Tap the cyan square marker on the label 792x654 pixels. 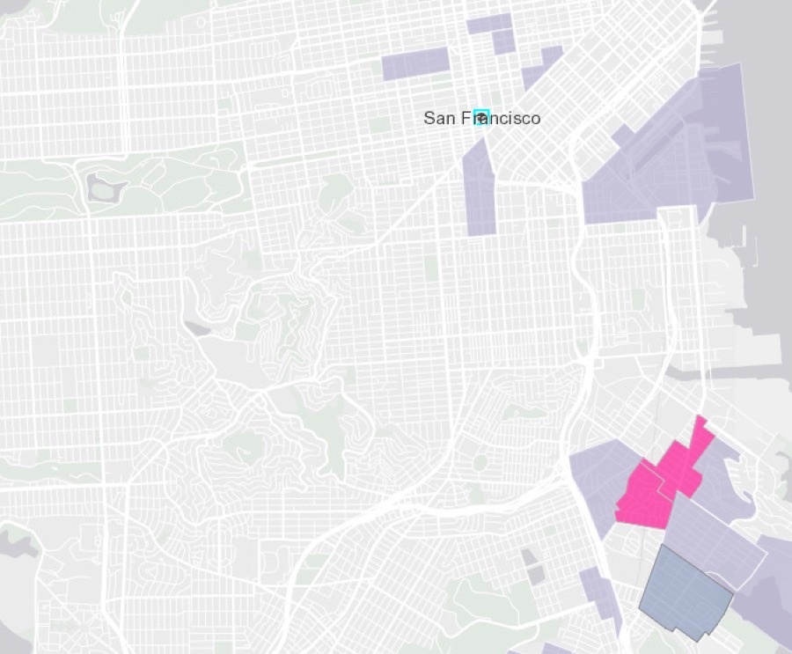pyautogui.click(x=480, y=117)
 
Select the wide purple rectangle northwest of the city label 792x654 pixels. pyautogui.click(x=415, y=64)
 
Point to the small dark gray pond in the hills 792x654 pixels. pyautogui.click(x=196, y=328)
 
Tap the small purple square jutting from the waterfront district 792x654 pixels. pyautogui.click(x=622, y=136)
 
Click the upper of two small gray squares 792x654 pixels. pyautogui.click(x=528, y=556)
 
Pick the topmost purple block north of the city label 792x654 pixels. pyautogui.click(x=488, y=24)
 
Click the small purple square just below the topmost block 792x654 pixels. pyautogui.click(x=502, y=41)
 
